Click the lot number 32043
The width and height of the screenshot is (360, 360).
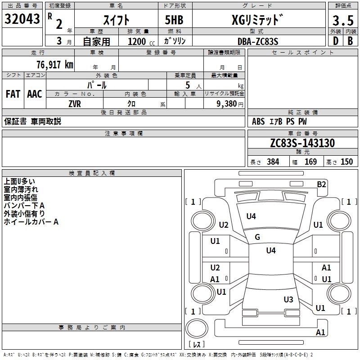click(x=22, y=19)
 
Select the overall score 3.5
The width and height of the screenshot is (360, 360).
click(x=343, y=20)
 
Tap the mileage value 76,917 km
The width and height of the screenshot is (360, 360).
click(x=55, y=64)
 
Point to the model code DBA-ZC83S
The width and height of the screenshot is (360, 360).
click(x=258, y=41)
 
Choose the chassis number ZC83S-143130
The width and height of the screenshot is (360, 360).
click(x=302, y=143)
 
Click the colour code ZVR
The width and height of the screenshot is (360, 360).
click(x=75, y=104)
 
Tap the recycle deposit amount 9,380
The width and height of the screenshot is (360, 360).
click(x=227, y=103)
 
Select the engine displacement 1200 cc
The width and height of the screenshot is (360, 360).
click(x=141, y=41)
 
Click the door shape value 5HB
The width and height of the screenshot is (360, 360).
click(x=174, y=20)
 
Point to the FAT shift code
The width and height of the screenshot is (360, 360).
click(x=13, y=94)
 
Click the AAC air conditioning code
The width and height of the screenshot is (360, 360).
click(x=35, y=94)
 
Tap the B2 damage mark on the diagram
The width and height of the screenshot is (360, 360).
click(x=321, y=184)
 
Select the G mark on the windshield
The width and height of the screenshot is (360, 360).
click(x=257, y=237)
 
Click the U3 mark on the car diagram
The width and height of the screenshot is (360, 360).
click(x=288, y=299)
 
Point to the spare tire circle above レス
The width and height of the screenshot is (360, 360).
click(x=197, y=328)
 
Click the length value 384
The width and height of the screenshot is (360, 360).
click(x=273, y=162)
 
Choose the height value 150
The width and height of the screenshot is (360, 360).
click(x=346, y=162)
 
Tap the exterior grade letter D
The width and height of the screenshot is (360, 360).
click(x=336, y=41)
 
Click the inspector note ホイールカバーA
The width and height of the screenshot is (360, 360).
click(x=31, y=222)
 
